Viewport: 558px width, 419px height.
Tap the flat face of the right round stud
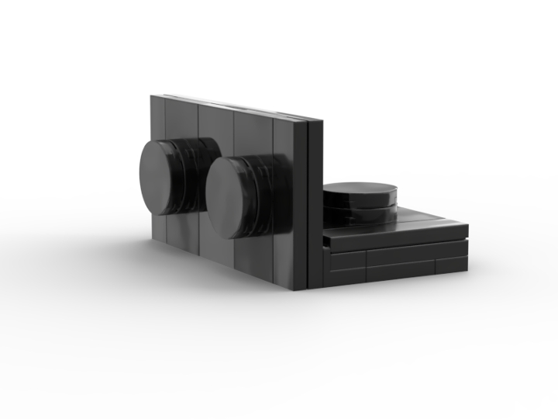pyautogui.click(x=231, y=197)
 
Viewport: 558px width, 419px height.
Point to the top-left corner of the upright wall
pyautogui.click(x=152, y=97)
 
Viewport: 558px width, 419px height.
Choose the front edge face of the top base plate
pyautogui.click(x=395, y=237)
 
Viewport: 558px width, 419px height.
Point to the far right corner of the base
pyautogui.click(x=467, y=226)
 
